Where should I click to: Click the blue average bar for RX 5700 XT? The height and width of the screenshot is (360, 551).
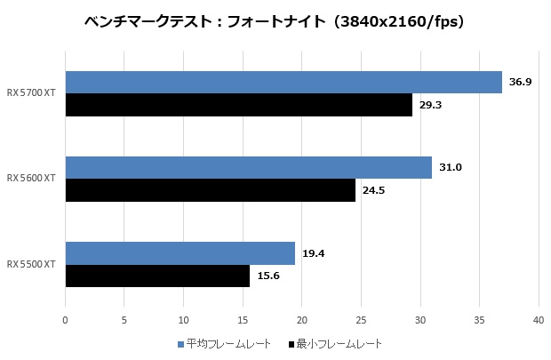tap(283, 83)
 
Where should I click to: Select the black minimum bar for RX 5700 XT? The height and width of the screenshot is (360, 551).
tap(239, 105)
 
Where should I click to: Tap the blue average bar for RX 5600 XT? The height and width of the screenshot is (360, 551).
tap(249, 168)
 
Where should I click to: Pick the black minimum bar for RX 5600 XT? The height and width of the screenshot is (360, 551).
tap(211, 190)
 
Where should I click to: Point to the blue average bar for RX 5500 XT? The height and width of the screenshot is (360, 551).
tap(180, 253)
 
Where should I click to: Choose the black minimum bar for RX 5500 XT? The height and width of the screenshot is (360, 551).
tap(157, 276)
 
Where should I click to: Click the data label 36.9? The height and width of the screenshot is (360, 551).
tap(520, 83)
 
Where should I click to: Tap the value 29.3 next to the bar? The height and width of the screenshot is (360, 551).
tap(430, 105)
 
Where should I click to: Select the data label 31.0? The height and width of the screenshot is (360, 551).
tap(450, 168)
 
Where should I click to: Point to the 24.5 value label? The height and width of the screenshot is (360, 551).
tap(373, 190)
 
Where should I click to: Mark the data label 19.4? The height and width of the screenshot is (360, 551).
tap(313, 253)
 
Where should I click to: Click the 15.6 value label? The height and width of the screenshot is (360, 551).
tap(268, 276)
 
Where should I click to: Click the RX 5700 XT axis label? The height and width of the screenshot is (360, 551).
tap(32, 93)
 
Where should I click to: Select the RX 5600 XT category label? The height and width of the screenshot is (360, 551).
tap(32, 179)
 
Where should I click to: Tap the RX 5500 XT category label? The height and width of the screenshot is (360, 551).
tap(32, 264)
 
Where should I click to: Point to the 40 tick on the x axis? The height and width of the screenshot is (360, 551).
tap(538, 319)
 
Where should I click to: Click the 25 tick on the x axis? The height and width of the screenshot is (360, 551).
tap(361, 319)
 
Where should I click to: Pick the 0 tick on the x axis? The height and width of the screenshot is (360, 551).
tap(65, 319)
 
